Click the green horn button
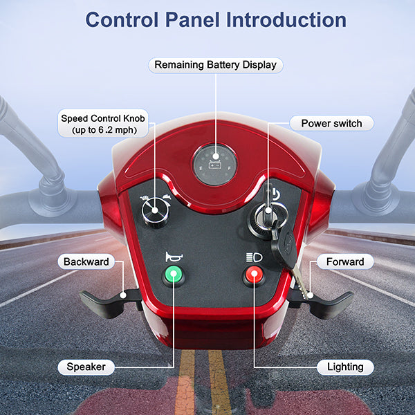tap(174, 275)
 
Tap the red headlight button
tap(254, 275)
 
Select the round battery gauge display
tap(215, 165)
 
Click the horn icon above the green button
tap(174, 257)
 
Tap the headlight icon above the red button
tap(254, 257)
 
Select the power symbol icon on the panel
tap(275, 194)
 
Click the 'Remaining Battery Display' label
tap(215, 65)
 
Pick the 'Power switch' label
tap(331, 123)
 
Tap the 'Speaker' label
tap(86, 367)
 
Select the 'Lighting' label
tap(345, 367)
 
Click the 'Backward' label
tap(86, 261)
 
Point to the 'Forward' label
tap(345, 261)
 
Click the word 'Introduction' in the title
tap(286, 20)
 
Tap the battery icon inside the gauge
tap(215, 165)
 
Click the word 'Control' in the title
tap(122, 20)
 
